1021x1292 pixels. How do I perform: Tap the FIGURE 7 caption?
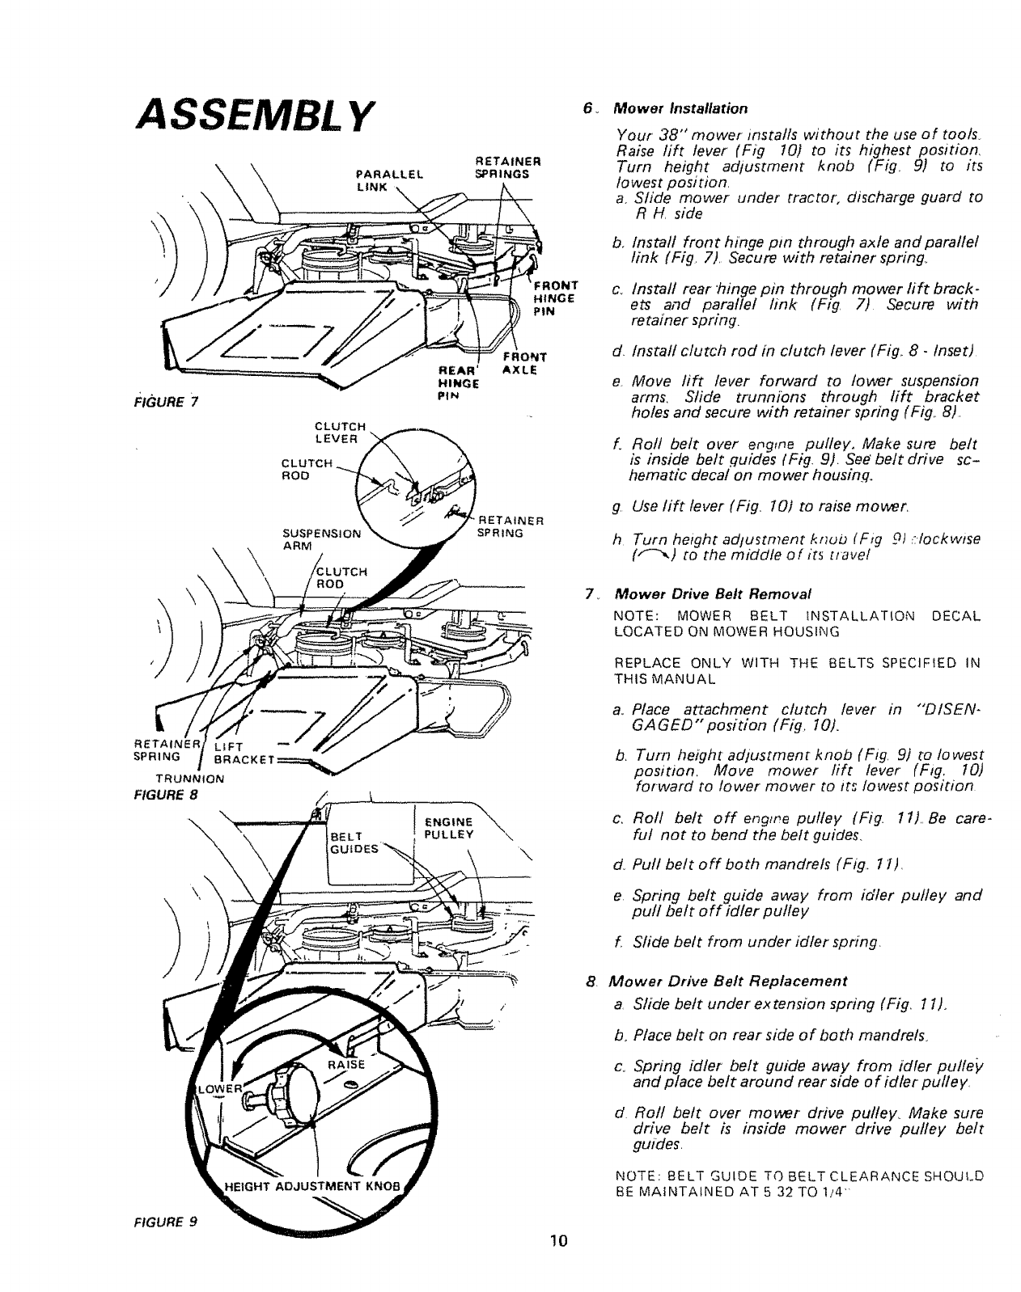(x=167, y=402)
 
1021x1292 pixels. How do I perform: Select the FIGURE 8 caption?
(x=166, y=793)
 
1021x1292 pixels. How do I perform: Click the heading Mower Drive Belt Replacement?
(x=727, y=982)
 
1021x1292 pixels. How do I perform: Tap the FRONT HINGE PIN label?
(x=553, y=298)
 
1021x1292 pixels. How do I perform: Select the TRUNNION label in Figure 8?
(x=191, y=779)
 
